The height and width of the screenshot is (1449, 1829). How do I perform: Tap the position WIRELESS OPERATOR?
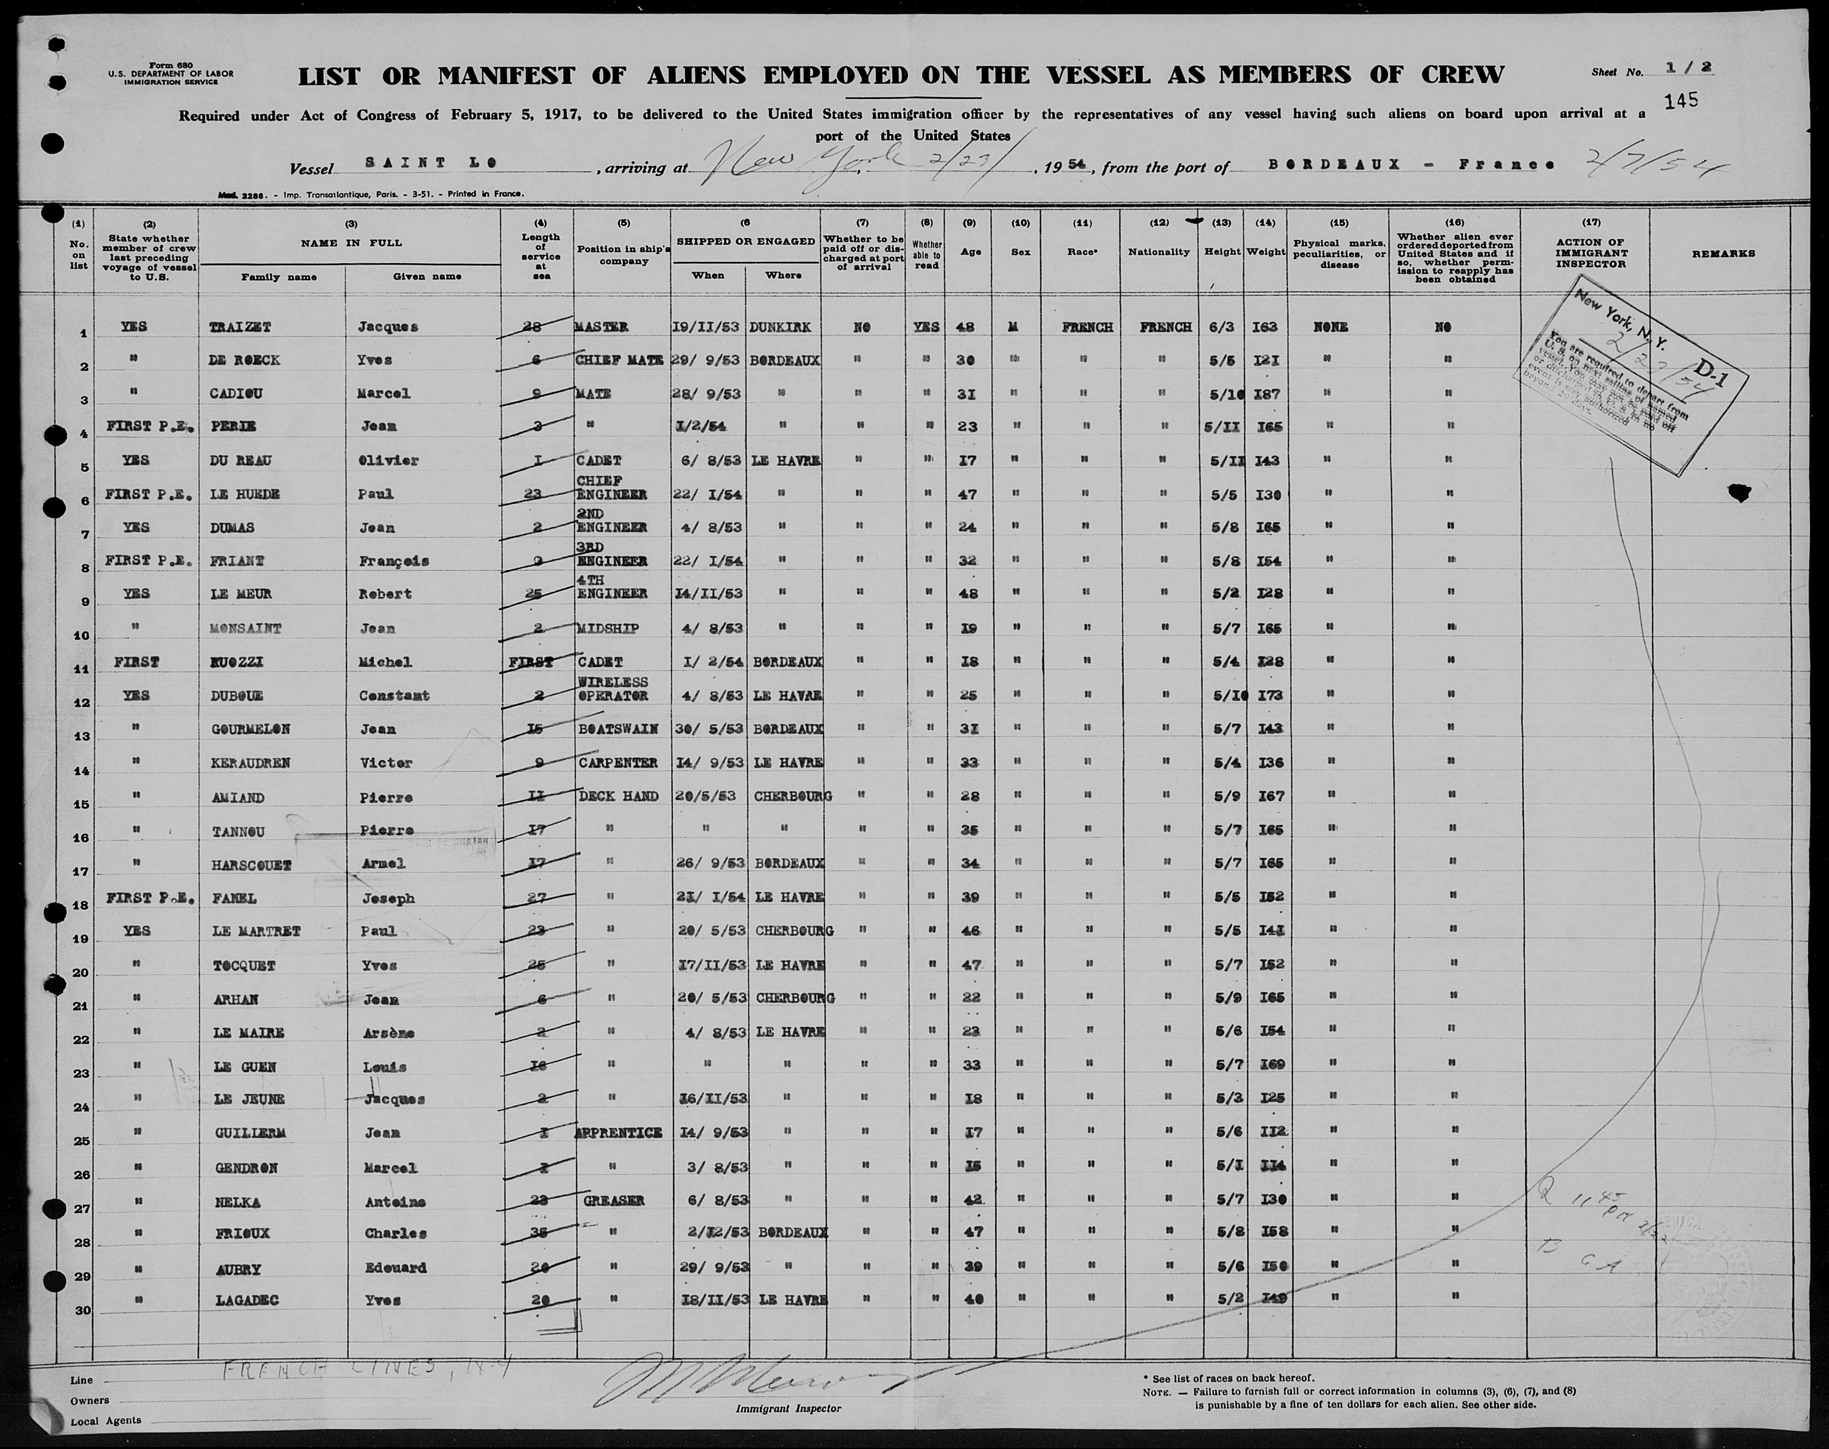click(612, 688)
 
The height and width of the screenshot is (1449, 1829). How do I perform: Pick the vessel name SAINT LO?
click(431, 162)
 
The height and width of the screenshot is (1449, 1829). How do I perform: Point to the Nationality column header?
click(1159, 252)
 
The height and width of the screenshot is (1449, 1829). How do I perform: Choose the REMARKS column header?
click(1723, 254)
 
